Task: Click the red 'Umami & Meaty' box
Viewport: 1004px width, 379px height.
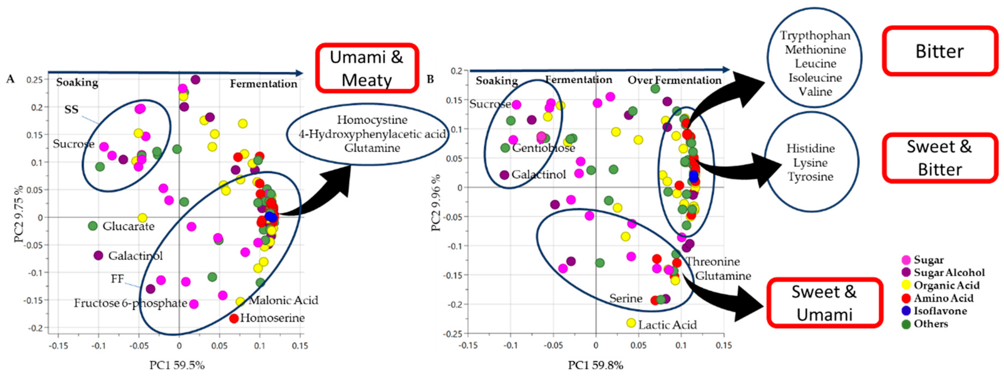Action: (367, 68)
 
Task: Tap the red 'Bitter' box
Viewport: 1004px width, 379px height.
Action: (940, 51)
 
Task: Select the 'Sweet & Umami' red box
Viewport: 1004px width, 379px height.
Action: (824, 303)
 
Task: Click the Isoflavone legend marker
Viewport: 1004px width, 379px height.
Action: (907, 311)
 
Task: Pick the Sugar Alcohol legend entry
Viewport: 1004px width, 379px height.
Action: (907, 273)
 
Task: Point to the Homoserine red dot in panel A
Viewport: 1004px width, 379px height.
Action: (234, 318)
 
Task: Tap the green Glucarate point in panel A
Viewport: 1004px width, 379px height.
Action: (93, 226)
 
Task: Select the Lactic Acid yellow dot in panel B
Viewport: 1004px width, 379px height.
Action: (631, 323)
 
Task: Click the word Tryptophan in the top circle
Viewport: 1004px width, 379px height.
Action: (815, 35)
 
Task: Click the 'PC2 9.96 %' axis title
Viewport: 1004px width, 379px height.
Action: (436, 203)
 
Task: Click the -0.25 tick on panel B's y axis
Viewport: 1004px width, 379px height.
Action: (453, 333)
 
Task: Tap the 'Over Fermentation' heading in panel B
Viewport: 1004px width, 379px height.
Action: (674, 80)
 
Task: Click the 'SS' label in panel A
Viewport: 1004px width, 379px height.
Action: (71, 109)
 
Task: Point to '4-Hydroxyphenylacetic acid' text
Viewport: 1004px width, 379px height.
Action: (372, 134)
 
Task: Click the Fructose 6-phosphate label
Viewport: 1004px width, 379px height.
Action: (130, 303)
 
